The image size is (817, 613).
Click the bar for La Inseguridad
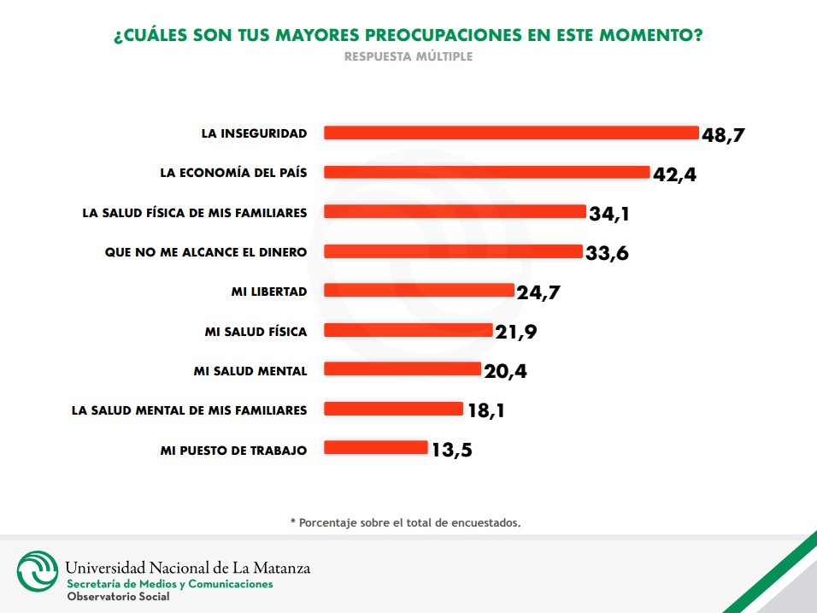click(511, 133)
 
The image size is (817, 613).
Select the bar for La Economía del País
click(487, 172)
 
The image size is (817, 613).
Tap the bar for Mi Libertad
click(419, 291)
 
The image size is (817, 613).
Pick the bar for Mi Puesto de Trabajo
click(376, 448)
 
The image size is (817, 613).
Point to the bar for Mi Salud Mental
click(403, 369)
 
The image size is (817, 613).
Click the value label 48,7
click(729, 134)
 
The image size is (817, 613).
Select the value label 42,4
click(675, 174)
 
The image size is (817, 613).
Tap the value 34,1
click(609, 214)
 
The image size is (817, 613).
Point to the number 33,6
click(608, 253)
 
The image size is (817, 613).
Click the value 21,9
click(516, 332)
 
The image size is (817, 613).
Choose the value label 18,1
click(486, 410)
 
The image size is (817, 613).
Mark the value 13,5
click(450, 450)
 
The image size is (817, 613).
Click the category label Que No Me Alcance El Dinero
click(205, 251)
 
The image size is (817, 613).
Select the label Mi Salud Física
click(256, 331)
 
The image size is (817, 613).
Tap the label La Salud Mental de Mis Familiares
click(189, 410)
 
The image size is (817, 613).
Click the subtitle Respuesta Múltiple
click(408, 57)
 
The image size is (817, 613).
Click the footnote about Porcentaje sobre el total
click(405, 522)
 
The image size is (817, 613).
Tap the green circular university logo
click(38, 571)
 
